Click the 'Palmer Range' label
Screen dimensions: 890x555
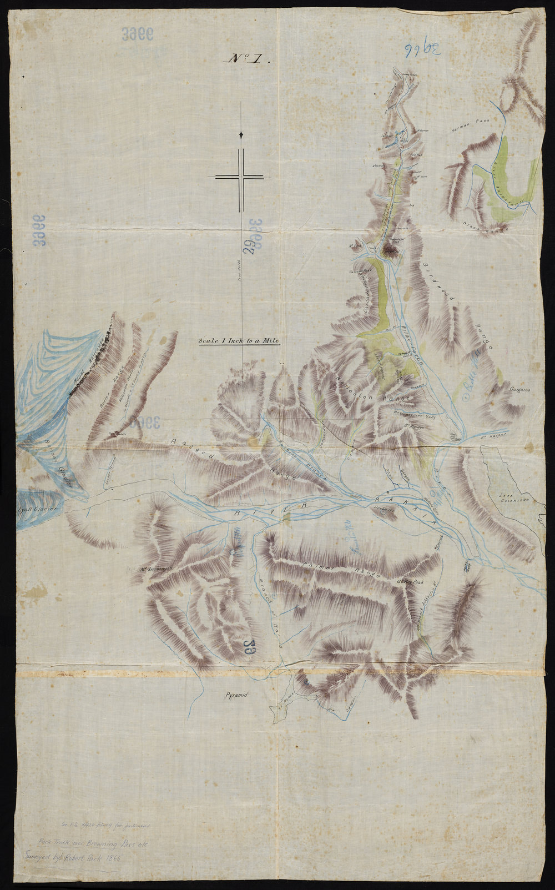pyautogui.click(x=334, y=569)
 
